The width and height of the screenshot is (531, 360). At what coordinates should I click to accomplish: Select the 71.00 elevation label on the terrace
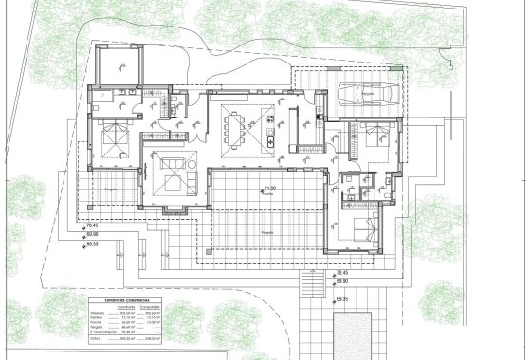pos(270,215)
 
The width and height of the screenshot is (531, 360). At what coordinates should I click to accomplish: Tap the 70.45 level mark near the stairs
pos(340,273)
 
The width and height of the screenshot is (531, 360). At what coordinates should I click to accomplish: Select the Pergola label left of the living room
pos(111,217)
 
